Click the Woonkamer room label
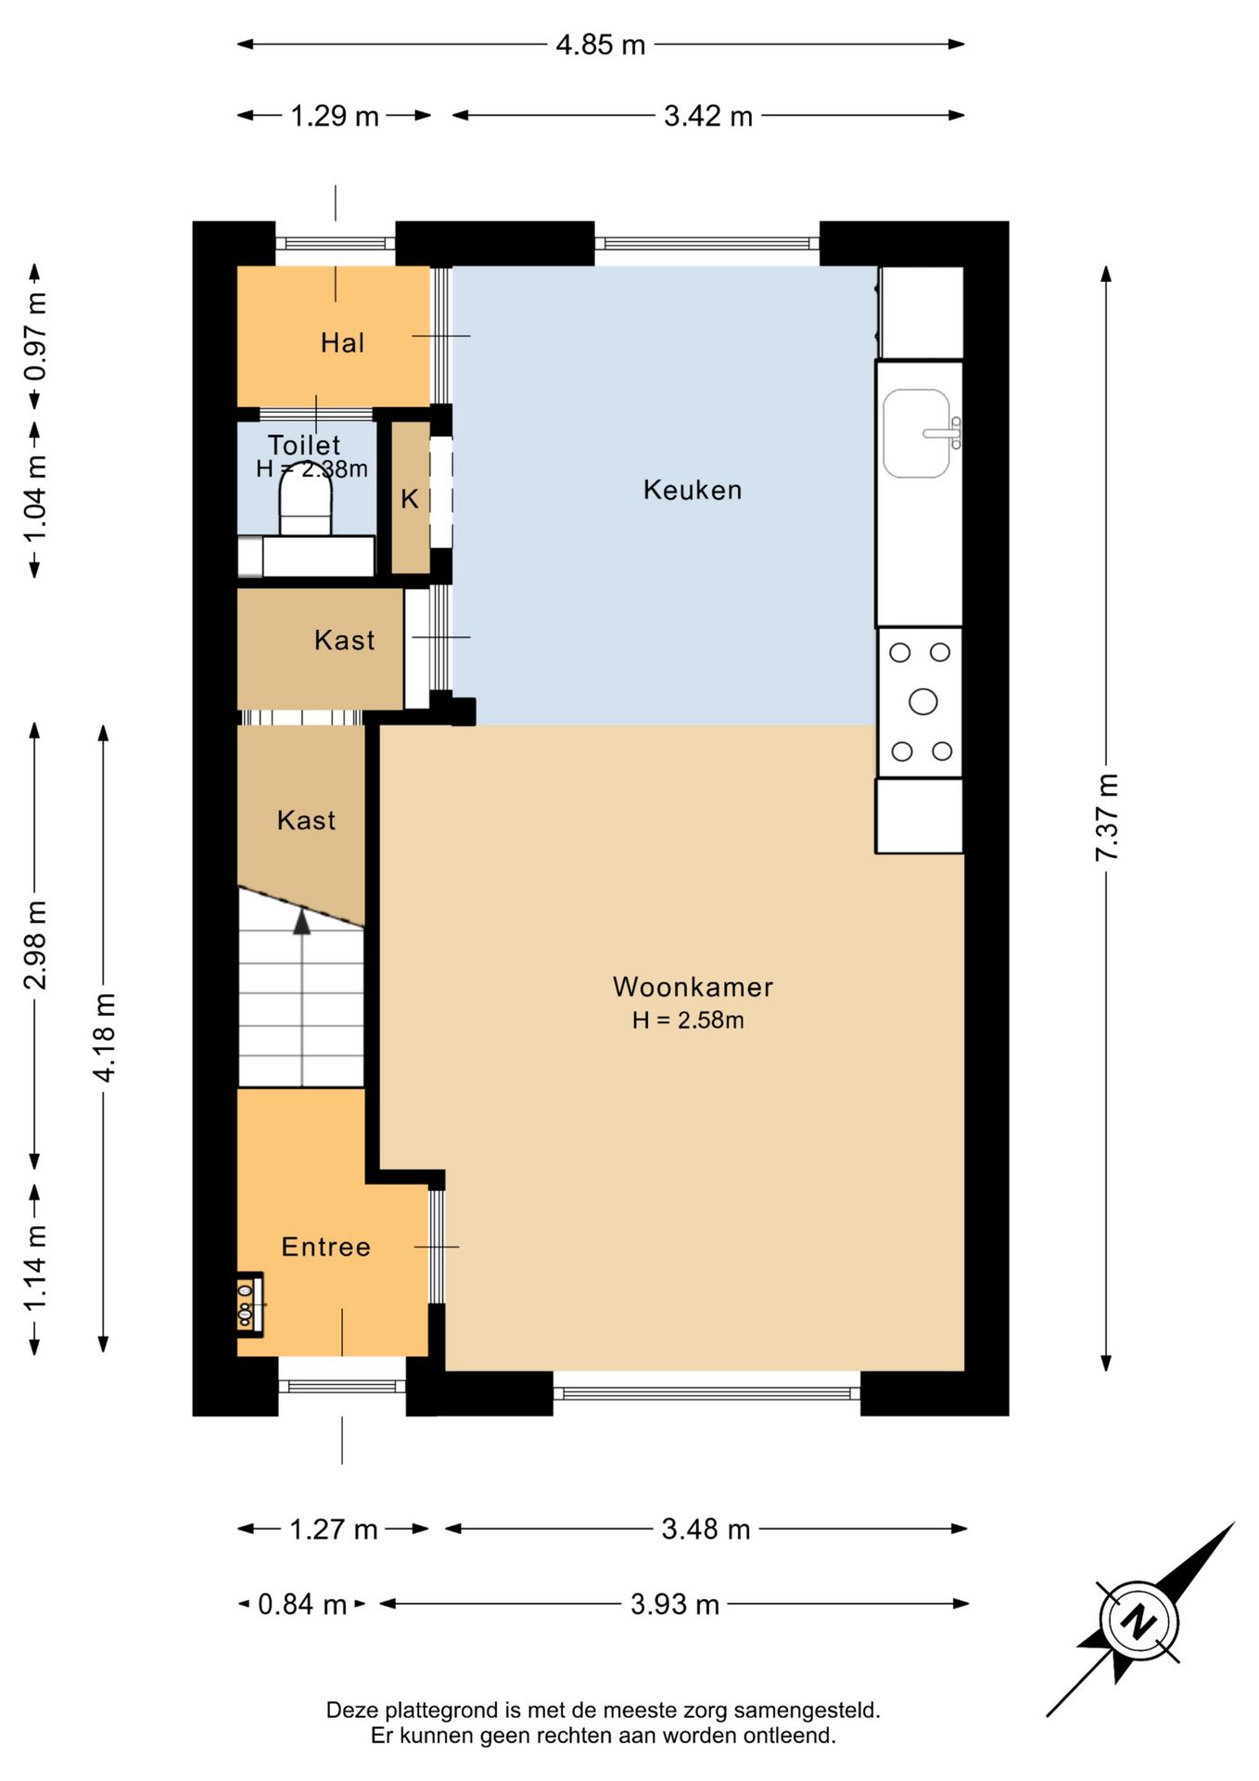click(693, 986)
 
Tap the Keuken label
click(693, 490)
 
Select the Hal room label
click(342, 343)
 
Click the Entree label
click(325, 1247)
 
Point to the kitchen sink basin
click(917, 433)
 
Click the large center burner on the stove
click(922, 701)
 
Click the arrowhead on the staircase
click(302, 921)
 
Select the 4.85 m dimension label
click(601, 45)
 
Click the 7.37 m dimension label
click(1107, 816)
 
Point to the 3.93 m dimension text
click(675, 1604)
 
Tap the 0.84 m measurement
click(302, 1604)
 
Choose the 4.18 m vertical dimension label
click(104, 1037)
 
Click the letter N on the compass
click(1138, 1622)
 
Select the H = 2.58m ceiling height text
click(688, 1020)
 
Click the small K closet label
click(409, 500)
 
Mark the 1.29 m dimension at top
click(335, 116)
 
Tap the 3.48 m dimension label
click(706, 1529)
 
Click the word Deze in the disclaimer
click(352, 1710)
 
